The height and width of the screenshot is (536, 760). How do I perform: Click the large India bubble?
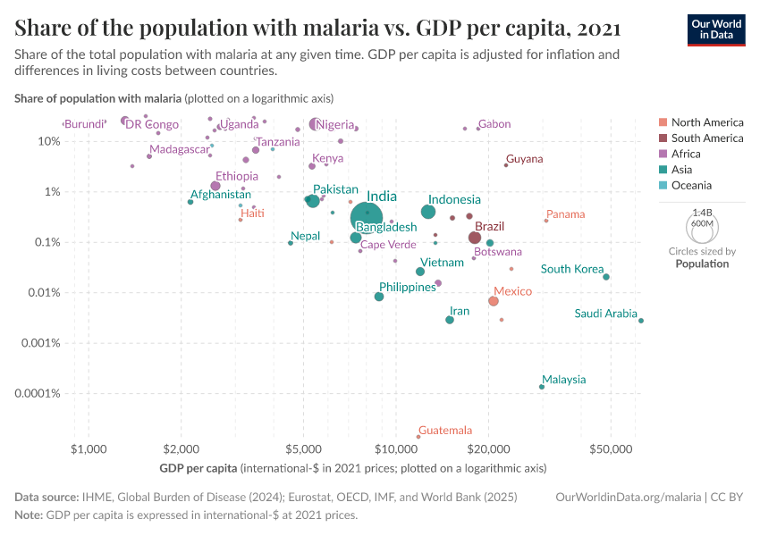(367, 215)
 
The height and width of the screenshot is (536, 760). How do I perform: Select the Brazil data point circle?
(475, 238)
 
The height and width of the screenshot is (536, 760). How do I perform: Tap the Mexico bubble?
(494, 301)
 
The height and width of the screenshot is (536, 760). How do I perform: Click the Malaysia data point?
(542, 387)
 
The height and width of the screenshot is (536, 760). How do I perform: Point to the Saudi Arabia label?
(605, 314)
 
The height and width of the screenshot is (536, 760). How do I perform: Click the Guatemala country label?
(445, 430)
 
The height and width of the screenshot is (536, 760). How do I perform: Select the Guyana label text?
(524, 159)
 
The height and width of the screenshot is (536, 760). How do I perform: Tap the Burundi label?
(85, 124)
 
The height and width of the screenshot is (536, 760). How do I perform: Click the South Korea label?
(572, 269)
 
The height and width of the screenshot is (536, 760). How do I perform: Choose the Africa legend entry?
(686, 154)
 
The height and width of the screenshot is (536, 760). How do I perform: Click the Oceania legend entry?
(691, 186)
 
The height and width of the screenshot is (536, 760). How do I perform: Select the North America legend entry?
(706, 122)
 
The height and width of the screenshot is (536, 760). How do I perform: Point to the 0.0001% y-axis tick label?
(38, 393)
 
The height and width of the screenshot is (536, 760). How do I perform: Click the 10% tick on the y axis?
(49, 141)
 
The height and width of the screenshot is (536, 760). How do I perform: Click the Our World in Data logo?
(715, 29)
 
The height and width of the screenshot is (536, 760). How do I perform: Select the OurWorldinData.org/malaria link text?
(625, 497)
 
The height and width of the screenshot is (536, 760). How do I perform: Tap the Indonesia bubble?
(428, 212)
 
